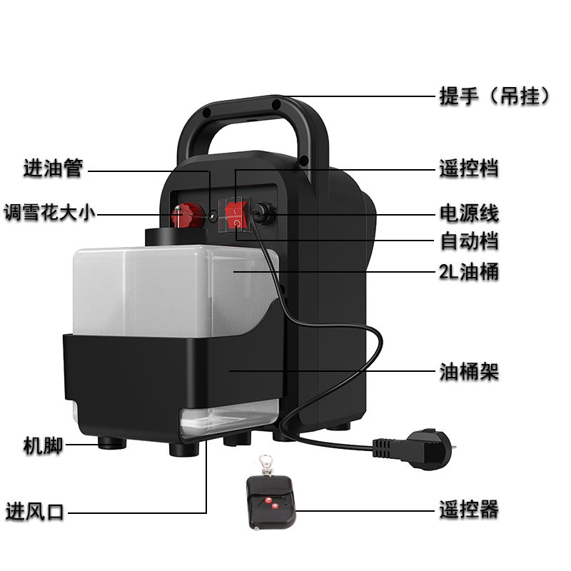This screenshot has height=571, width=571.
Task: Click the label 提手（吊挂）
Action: point(495,96)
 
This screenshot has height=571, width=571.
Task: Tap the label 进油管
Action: point(54,169)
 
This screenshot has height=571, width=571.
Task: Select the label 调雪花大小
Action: point(49,213)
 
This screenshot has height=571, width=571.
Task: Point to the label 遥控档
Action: point(468,169)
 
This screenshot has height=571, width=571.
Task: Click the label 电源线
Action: point(468,213)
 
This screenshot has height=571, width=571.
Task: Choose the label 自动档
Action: point(468,241)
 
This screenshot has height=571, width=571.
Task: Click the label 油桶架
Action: point(468,371)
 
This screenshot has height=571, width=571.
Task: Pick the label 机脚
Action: point(43,447)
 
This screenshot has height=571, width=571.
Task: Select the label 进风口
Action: point(35,511)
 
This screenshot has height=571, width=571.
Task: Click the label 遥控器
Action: point(468,510)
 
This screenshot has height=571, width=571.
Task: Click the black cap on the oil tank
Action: point(166,237)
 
